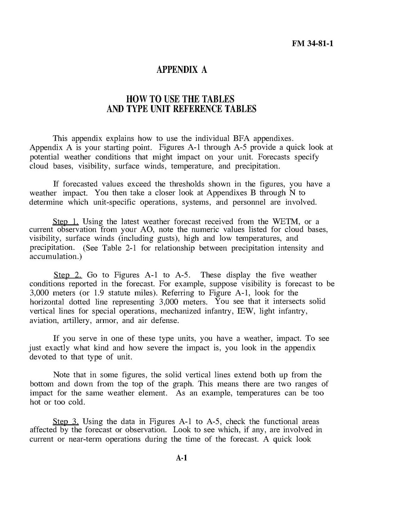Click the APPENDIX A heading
(x=181, y=70)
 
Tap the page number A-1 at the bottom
(x=181, y=458)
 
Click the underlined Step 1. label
(x=65, y=222)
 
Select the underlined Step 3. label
(x=65, y=421)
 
